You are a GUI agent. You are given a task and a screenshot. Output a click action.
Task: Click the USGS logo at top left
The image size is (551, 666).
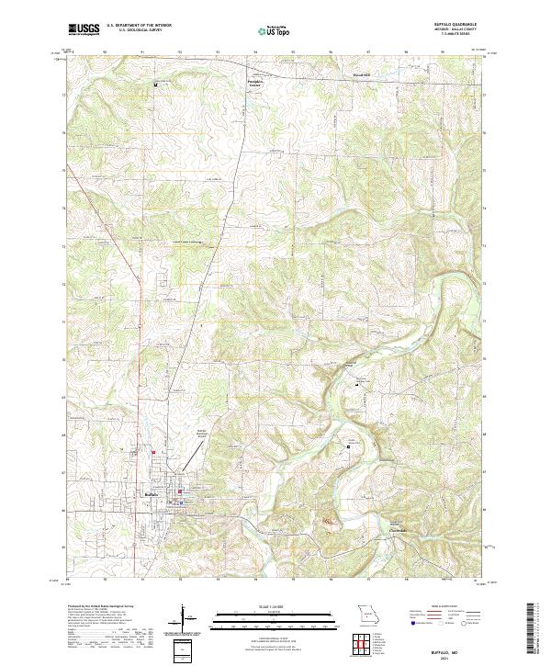(x=84, y=30)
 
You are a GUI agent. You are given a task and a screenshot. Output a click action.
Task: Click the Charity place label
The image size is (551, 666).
(x=396, y=530)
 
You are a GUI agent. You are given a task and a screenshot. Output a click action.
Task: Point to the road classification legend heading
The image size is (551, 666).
(x=441, y=607)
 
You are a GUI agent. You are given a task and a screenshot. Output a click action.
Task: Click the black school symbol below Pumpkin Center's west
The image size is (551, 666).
(x=155, y=85)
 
